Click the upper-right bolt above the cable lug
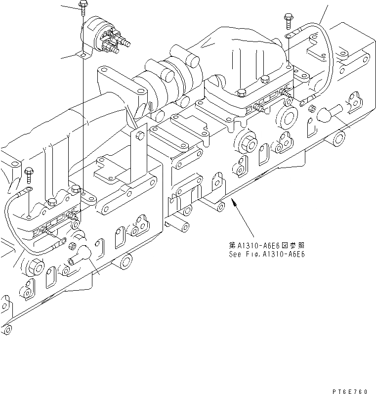pos(288,20)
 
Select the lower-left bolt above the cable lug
pos(29,174)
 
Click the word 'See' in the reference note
pos(234,255)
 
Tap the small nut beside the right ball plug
pos(311,108)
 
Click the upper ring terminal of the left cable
pos(29,189)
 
